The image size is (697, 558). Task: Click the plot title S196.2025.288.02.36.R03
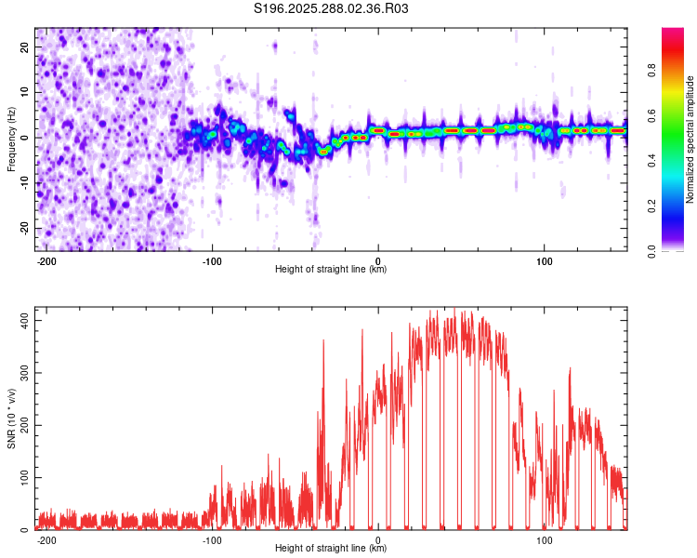pyautogui.click(x=331, y=8)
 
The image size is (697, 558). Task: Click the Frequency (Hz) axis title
pyautogui.click(x=11, y=139)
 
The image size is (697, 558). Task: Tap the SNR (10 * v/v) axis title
pyautogui.click(x=11, y=418)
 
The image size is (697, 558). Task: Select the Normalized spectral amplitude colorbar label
pyautogui.click(x=690, y=139)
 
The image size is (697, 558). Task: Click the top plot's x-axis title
pyautogui.click(x=331, y=269)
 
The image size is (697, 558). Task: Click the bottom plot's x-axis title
pyautogui.click(x=331, y=548)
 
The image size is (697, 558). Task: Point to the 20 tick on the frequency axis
pyautogui.click(x=25, y=47)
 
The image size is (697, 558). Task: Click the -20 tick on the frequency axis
pyautogui.click(x=25, y=228)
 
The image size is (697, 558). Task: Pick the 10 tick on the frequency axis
pyautogui.click(x=25, y=92)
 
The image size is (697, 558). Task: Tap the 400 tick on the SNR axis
pyautogui.click(x=25, y=320)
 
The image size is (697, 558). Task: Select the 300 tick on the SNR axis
pyautogui.click(x=25, y=373)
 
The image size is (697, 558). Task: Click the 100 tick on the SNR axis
pyautogui.click(x=25, y=477)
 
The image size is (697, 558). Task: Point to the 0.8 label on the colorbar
pyautogui.click(x=651, y=71)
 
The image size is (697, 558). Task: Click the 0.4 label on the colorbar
pyautogui.click(x=651, y=161)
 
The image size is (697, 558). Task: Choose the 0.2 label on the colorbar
pyautogui.click(x=651, y=206)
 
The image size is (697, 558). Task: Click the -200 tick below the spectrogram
pyautogui.click(x=46, y=261)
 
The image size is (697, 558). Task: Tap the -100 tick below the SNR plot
pyautogui.click(x=212, y=540)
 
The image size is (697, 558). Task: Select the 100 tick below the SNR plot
pyautogui.click(x=545, y=540)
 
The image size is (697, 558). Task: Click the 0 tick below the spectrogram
pyautogui.click(x=378, y=261)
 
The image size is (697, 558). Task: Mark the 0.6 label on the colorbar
pyautogui.click(x=651, y=115)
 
